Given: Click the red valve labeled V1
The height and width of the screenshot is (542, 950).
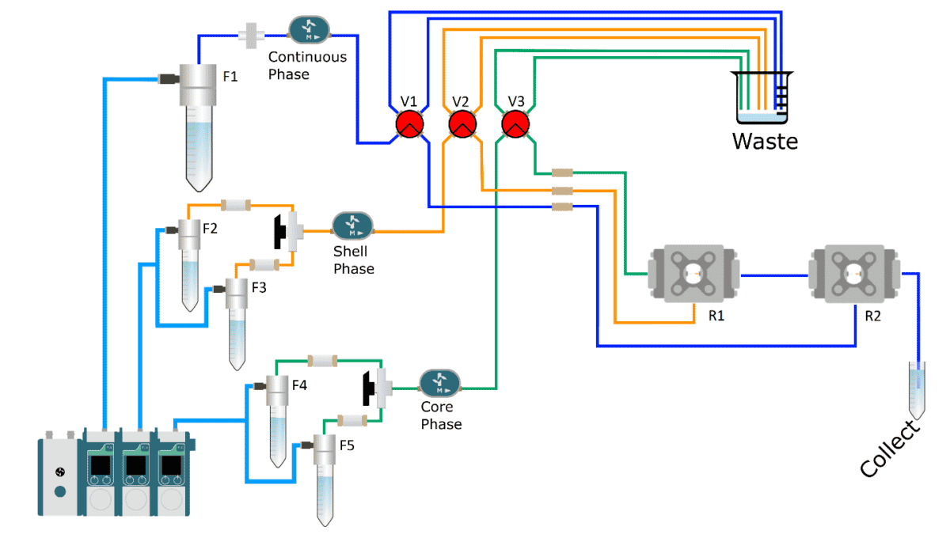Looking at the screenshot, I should tap(409, 124).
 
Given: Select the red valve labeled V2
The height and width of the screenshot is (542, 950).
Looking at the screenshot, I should tap(462, 124).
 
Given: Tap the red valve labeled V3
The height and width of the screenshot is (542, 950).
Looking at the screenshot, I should tap(515, 124).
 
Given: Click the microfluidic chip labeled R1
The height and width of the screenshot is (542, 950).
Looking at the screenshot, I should tap(693, 275).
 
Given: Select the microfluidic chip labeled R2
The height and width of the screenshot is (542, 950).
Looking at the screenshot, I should tap(854, 275).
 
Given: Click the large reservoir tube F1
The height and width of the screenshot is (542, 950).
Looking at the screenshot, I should tap(196, 127).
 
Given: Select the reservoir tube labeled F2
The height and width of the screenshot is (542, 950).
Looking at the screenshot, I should tap(189, 265).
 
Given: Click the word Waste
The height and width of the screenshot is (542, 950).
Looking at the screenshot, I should tap(765, 142).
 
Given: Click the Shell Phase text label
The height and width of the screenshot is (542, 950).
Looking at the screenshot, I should tap(353, 260).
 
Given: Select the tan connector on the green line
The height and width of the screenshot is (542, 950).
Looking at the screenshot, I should tap(562, 172).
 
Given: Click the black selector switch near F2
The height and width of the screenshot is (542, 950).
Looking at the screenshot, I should tap(279, 229).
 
